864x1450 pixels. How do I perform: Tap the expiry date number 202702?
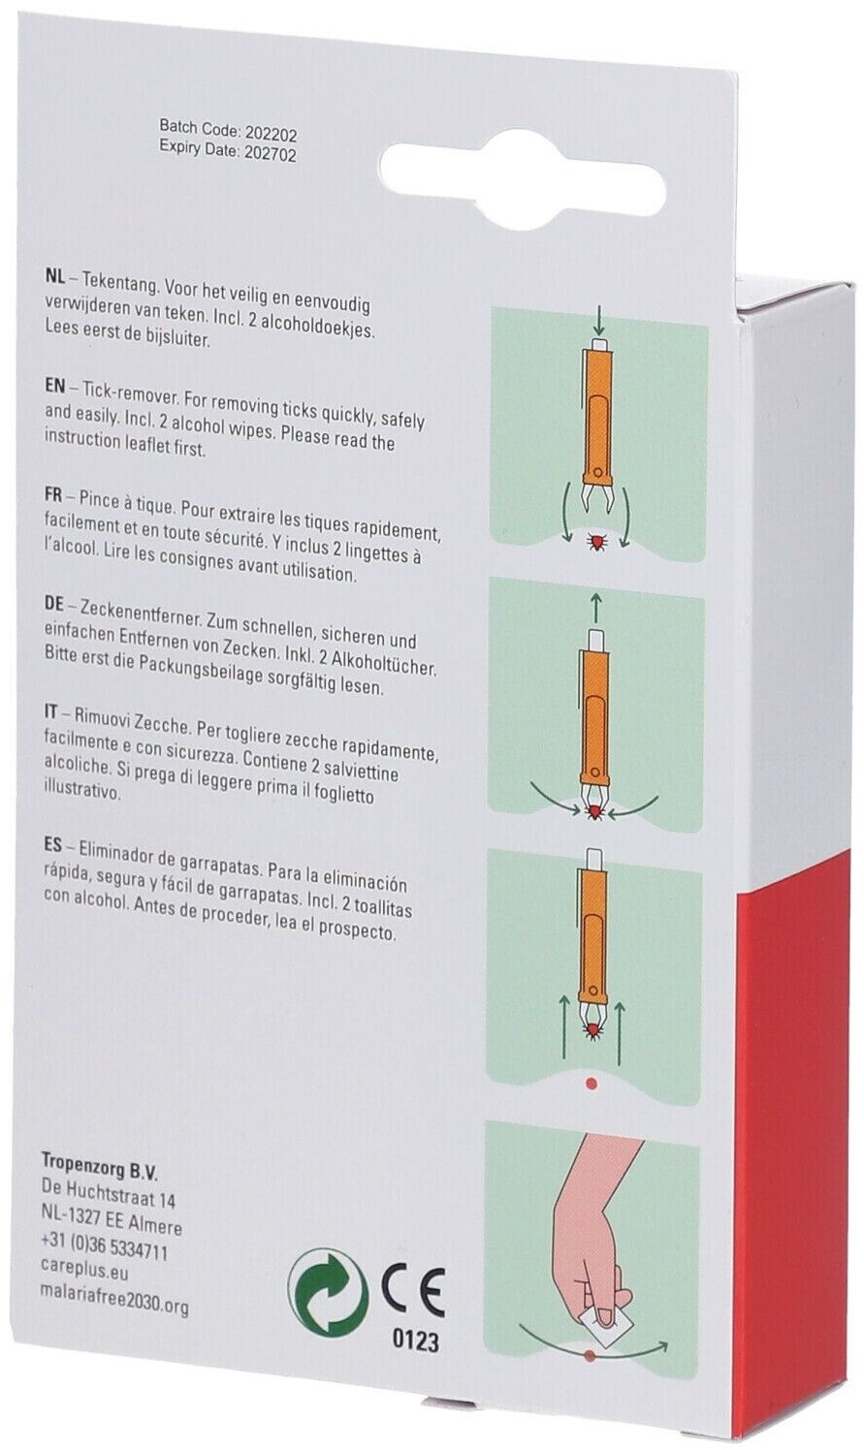[x=270, y=154]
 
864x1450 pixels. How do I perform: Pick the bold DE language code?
[x=54, y=608]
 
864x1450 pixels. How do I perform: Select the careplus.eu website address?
[x=84, y=1272]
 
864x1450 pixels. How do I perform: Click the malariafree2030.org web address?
[x=114, y=1292]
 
